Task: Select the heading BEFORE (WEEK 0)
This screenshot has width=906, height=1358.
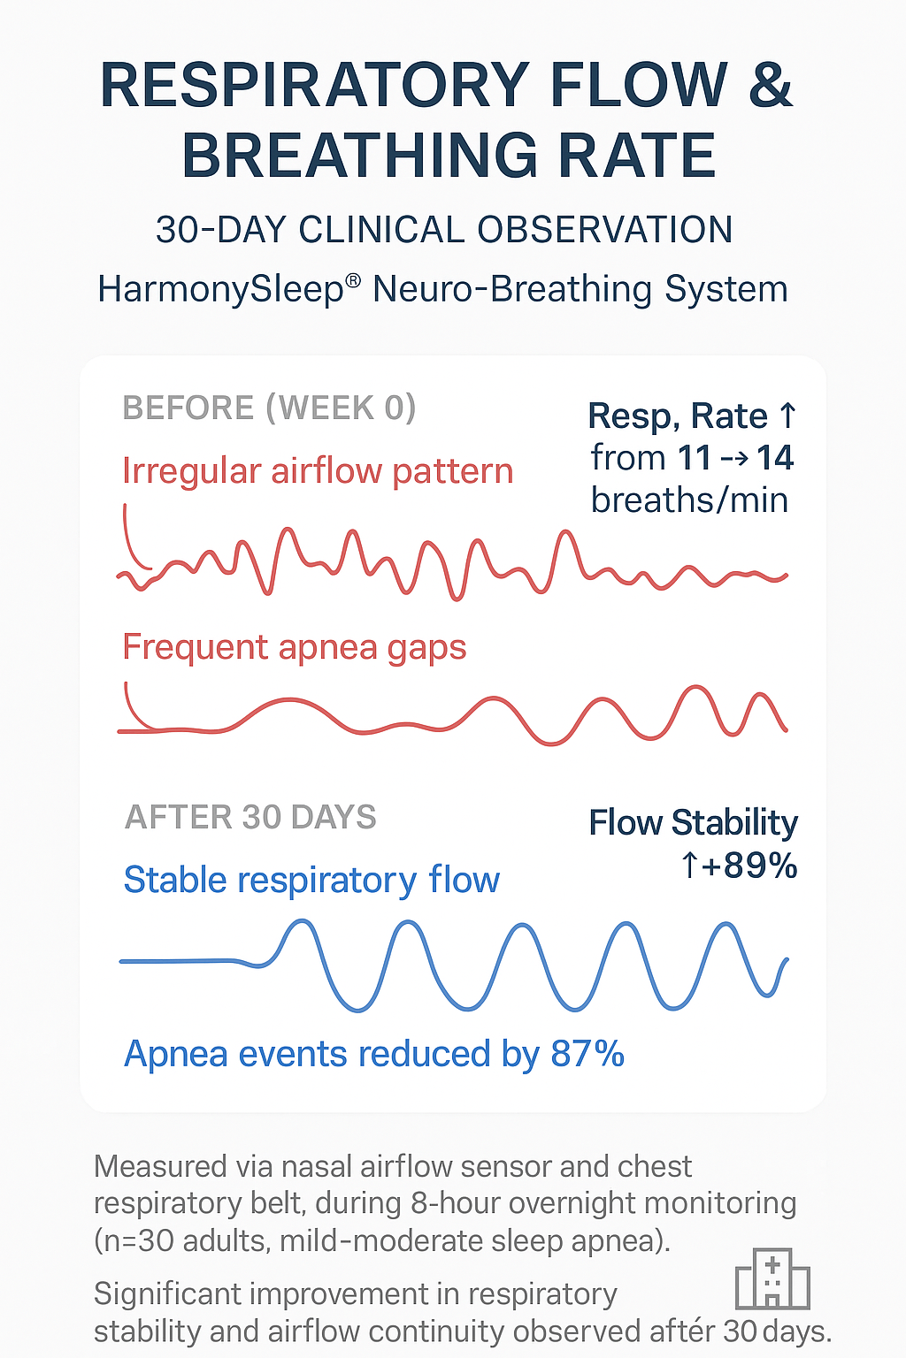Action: (270, 408)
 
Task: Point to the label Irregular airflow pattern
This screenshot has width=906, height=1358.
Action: (318, 471)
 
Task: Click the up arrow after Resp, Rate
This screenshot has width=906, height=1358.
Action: (787, 416)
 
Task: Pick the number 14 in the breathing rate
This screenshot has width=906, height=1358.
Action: (775, 458)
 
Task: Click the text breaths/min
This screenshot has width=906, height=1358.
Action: (690, 500)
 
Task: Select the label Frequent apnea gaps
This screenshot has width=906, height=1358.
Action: (295, 647)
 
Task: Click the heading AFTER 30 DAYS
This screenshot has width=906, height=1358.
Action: (250, 817)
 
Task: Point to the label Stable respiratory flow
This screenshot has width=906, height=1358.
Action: (312, 880)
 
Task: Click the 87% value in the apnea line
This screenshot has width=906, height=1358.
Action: (587, 1054)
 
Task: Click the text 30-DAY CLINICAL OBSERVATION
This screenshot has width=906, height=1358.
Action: (444, 230)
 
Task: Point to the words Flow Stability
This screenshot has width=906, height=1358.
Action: (693, 823)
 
